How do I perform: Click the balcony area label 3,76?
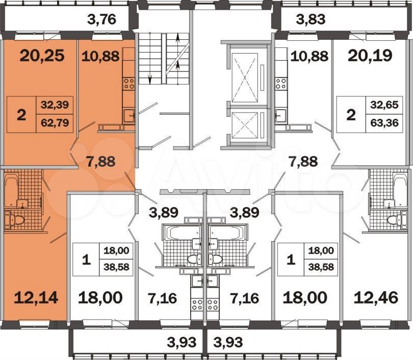click(101, 19)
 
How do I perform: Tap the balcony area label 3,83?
click(311, 19)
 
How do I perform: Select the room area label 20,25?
click(42, 56)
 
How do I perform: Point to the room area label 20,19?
click(370, 56)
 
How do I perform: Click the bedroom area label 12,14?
click(36, 298)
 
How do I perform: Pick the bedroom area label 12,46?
click(376, 298)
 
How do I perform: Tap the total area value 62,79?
click(55, 123)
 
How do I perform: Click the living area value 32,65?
click(384, 105)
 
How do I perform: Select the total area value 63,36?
click(384, 123)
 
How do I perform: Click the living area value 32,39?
click(55, 105)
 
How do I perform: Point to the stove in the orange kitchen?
click(129, 84)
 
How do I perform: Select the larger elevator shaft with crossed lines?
click(245, 78)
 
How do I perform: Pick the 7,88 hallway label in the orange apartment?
click(100, 162)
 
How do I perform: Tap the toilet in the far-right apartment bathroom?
click(394, 220)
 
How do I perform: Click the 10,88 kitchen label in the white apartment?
click(309, 56)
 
